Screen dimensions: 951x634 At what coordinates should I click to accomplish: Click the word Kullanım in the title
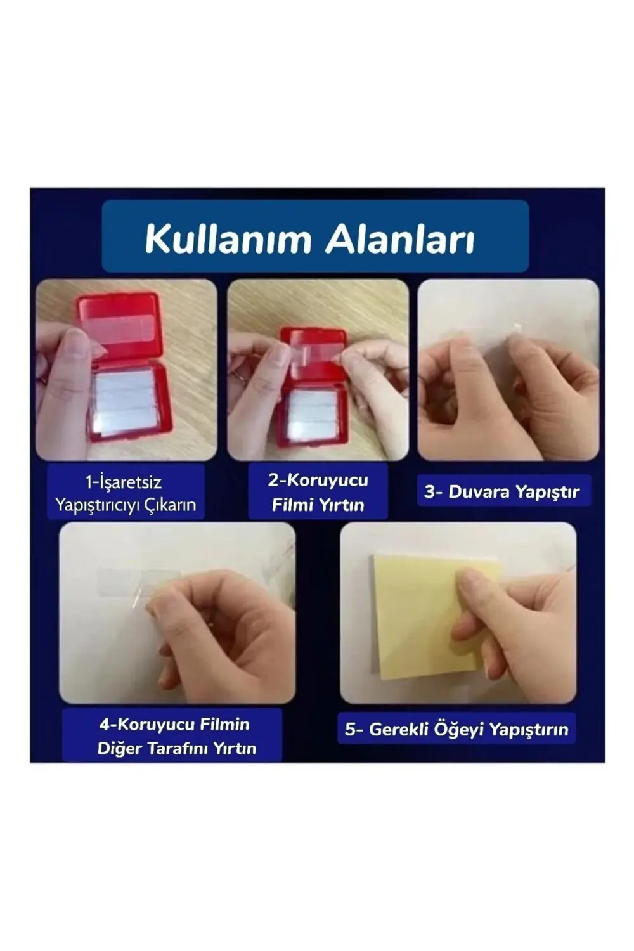(x=230, y=240)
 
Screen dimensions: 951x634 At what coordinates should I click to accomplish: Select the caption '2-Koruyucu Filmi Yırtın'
(x=318, y=492)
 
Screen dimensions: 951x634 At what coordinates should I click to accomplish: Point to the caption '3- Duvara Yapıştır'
(x=502, y=491)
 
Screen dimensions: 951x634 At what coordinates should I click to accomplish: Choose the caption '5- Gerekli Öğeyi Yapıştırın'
(x=456, y=729)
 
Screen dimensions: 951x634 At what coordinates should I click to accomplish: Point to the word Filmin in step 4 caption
(x=224, y=724)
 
